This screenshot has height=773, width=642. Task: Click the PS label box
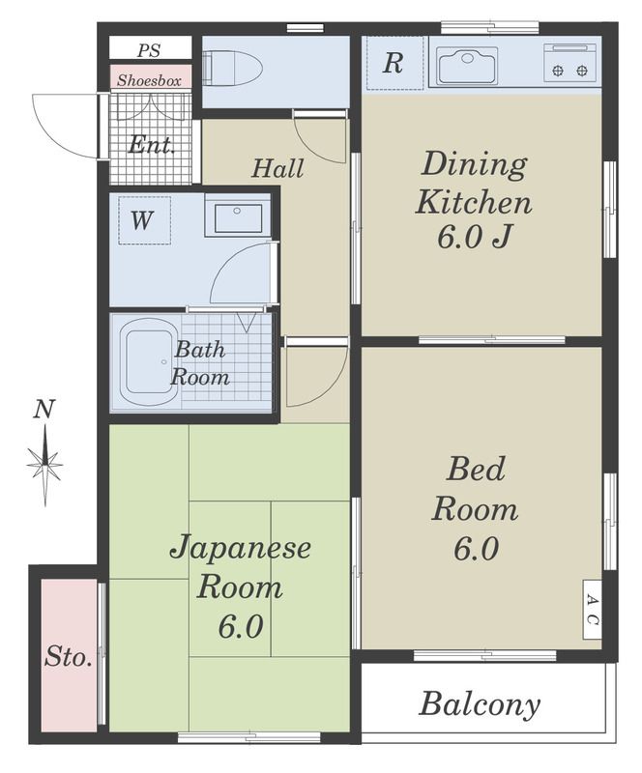coord(149,49)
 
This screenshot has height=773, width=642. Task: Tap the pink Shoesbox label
coord(149,80)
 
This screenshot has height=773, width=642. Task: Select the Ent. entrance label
coord(151,146)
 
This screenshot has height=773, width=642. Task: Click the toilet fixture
coord(232,68)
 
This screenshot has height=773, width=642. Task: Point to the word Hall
coord(277,169)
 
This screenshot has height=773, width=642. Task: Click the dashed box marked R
coord(393,64)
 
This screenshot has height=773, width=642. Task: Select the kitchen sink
coord(467,65)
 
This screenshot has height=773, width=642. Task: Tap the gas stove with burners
coord(569,64)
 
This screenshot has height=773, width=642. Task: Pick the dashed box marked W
coord(142,220)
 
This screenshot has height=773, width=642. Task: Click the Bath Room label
coord(200,362)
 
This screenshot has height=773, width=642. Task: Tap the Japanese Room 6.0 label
coord(240,587)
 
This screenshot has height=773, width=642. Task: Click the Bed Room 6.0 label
coord(475,508)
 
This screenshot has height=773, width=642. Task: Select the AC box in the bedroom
coord(592,610)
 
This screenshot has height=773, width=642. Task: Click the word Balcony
coord(479,703)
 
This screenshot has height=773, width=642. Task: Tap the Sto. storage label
coord(69,659)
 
